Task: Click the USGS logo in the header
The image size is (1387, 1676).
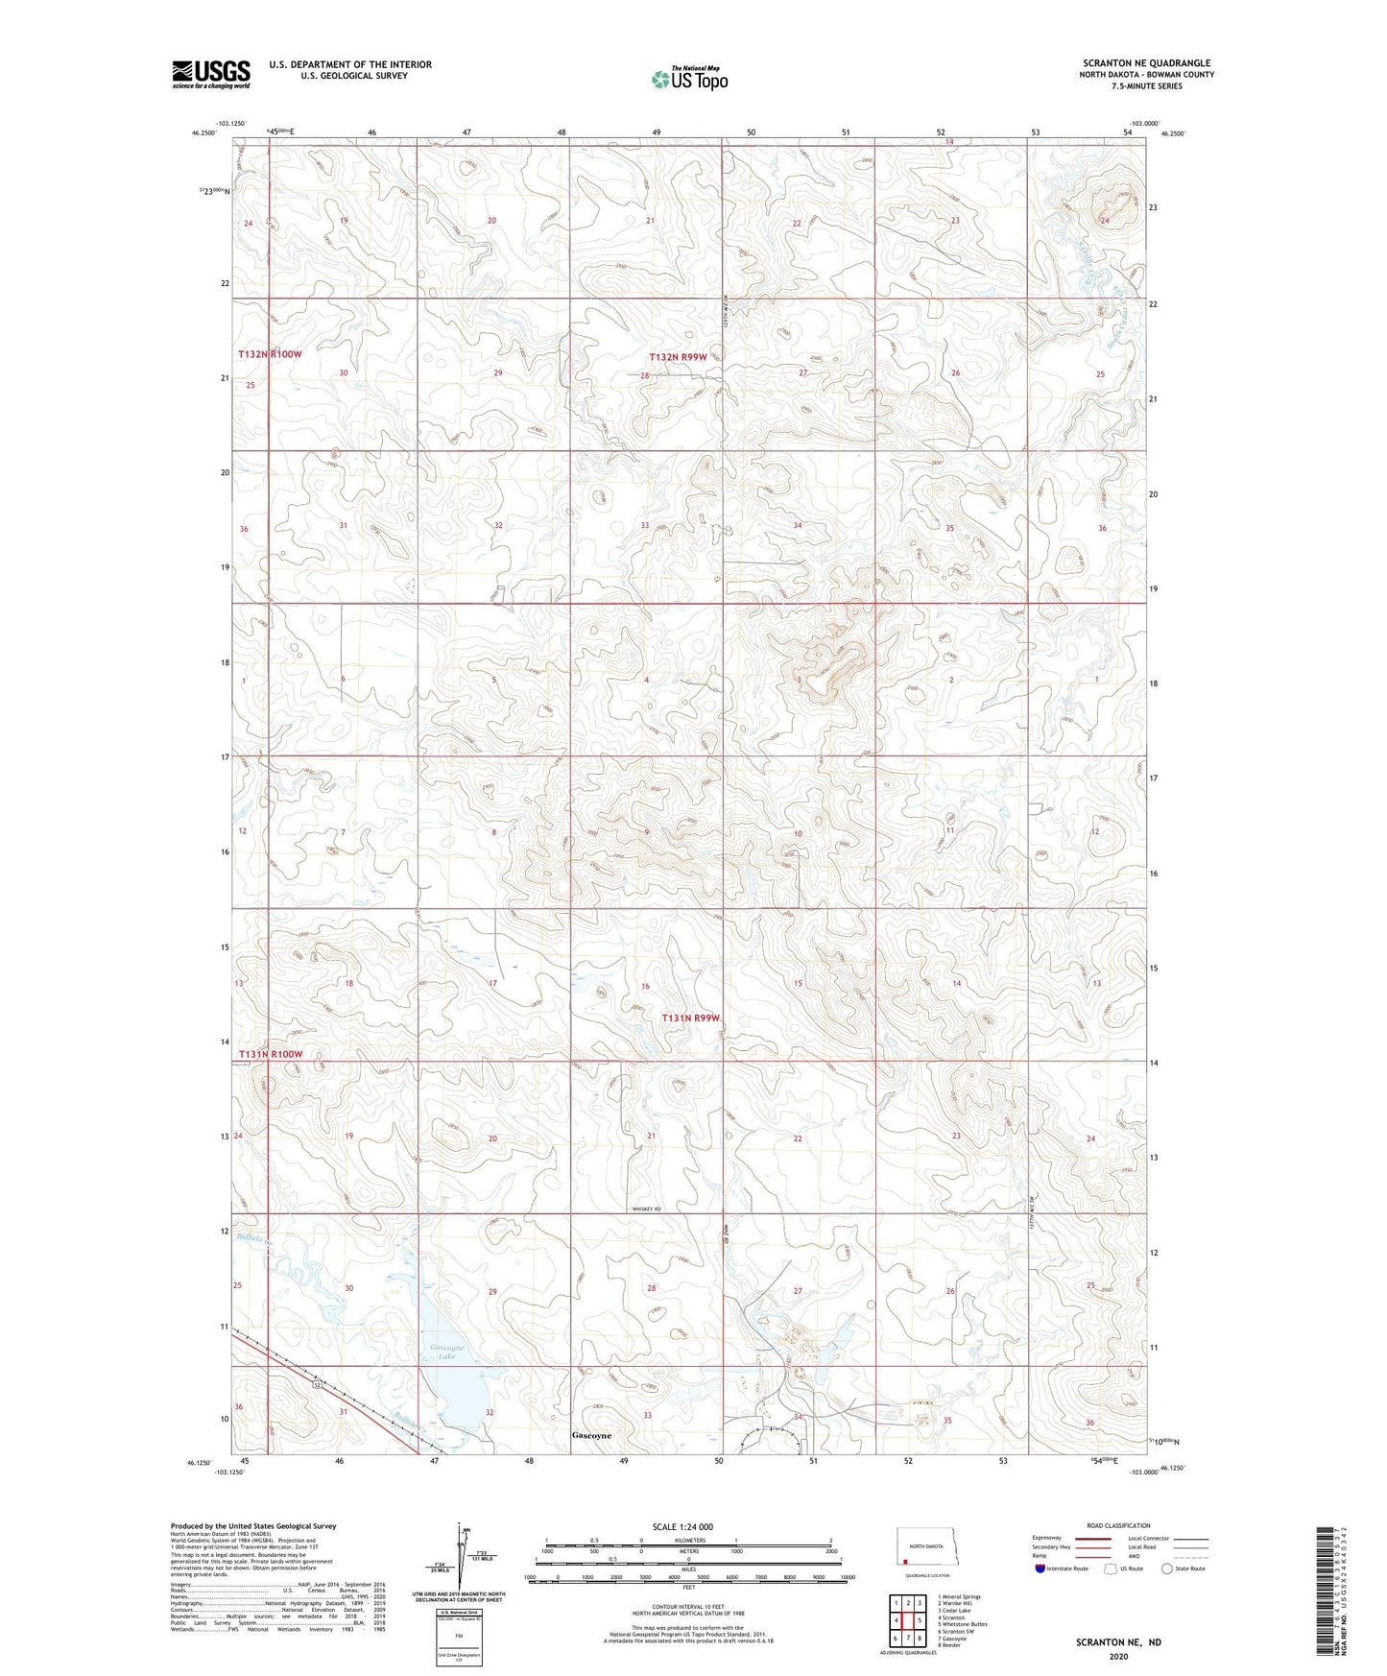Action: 210,74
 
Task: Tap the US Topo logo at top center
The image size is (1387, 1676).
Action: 689,79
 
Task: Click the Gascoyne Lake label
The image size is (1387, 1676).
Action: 445,1352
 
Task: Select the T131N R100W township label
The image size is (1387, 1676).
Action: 270,1054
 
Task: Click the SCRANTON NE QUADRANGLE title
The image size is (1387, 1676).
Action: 1146,62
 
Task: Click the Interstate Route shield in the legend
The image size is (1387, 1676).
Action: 1040,1568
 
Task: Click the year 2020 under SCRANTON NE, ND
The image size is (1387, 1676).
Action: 1118,1657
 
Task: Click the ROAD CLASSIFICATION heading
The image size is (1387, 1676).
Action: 1118,1525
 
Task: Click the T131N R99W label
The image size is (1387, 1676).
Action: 691,1018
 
